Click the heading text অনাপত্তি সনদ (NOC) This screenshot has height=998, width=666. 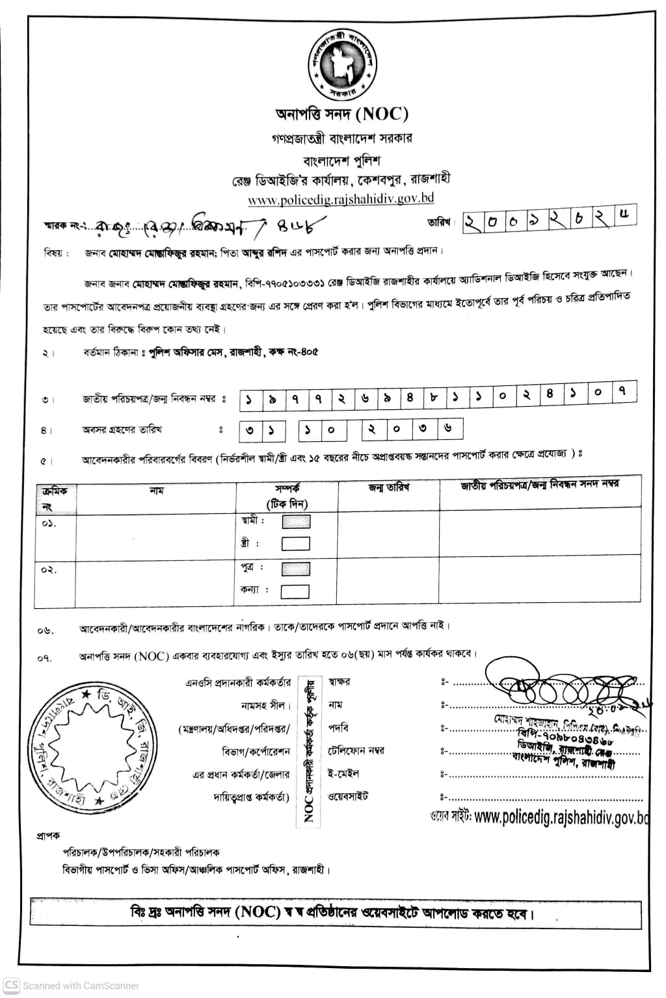[x=342, y=114]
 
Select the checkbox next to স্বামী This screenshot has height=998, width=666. [x=295, y=521]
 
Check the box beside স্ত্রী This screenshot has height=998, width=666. [x=295, y=543]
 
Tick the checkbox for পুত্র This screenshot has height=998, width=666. [x=295, y=569]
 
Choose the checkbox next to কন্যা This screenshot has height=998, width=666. [x=295, y=591]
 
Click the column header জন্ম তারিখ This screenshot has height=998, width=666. [x=388, y=488]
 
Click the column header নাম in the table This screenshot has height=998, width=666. [x=157, y=491]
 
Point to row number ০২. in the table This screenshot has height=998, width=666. [x=49, y=570]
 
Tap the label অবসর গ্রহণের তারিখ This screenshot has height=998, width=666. [x=122, y=429]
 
